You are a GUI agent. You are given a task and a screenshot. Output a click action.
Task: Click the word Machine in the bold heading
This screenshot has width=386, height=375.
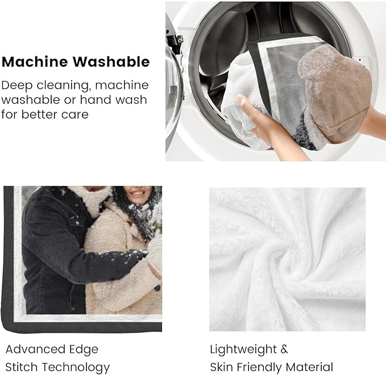click(x=35, y=62)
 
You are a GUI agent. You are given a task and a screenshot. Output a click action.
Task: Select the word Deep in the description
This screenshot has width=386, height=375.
click(x=17, y=86)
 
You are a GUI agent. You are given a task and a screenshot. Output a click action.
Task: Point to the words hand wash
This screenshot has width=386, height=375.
click(x=114, y=100)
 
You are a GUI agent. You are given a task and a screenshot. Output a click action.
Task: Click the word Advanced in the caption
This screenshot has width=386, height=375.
click(x=36, y=349)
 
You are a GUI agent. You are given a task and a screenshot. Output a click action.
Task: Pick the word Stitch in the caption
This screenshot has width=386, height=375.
click(x=22, y=367)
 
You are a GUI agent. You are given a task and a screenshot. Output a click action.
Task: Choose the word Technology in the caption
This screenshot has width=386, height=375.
click(x=76, y=368)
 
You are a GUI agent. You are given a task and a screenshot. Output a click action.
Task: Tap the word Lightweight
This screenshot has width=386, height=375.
click(x=243, y=350)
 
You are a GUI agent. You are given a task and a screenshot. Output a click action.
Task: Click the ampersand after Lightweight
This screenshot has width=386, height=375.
click(x=284, y=349)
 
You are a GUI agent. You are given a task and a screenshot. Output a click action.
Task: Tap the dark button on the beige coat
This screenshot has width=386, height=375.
click(x=157, y=288)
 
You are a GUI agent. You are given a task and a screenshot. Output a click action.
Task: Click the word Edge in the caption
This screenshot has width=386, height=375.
click(x=84, y=350)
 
